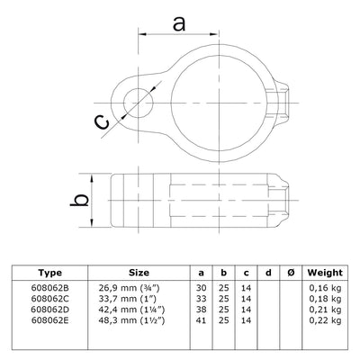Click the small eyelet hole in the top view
click(x=137, y=100)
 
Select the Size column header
click(x=138, y=273)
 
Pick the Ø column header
click(x=287, y=273)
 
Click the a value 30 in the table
click(x=200, y=287)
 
